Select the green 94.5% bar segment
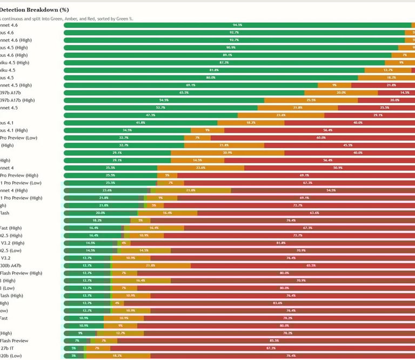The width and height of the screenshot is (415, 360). (x=237, y=25)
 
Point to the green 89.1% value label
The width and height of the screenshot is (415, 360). (x=227, y=55)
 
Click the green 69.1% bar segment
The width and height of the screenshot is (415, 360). (x=191, y=85)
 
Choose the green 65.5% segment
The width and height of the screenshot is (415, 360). (x=184, y=92)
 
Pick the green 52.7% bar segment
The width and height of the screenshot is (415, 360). (x=160, y=108)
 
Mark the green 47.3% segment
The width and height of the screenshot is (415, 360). (x=151, y=115)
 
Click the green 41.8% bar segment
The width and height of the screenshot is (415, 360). (x=140, y=123)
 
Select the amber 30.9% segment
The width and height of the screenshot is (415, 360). (x=227, y=153)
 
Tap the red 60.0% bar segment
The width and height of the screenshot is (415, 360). (x=320, y=138)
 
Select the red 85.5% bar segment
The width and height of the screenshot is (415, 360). (x=274, y=341)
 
